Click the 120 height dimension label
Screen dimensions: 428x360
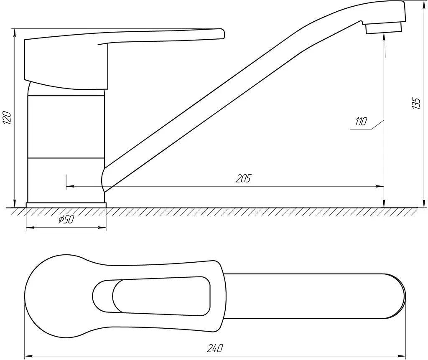(x=7, y=118)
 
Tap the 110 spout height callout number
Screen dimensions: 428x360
(x=361, y=122)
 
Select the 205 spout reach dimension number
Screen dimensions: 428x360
(x=243, y=178)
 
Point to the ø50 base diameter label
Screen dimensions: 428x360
(x=66, y=219)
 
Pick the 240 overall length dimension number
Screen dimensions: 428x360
(x=215, y=348)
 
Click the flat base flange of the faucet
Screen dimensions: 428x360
(x=66, y=205)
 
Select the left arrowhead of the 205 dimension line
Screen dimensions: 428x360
(x=70, y=187)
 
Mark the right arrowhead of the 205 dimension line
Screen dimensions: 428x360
(x=380, y=187)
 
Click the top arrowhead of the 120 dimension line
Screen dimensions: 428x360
(x=15, y=33)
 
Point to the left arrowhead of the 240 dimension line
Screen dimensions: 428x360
(x=29, y=356)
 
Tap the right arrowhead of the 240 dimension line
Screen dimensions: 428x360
(x=402, y=356)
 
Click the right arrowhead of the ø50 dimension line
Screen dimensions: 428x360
(x=102, y=227)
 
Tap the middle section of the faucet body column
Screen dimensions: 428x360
(x=66, y=127)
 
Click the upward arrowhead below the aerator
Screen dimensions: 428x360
(x=384, y=37)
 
